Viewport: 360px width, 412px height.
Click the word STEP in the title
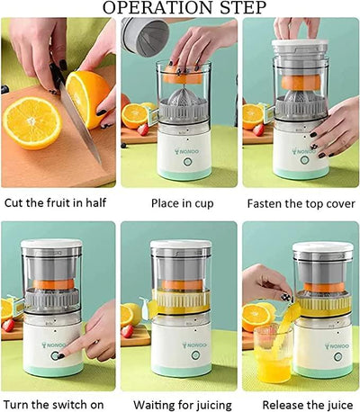[x=237, y=9]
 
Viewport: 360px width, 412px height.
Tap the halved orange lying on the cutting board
[x=32, y=122]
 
